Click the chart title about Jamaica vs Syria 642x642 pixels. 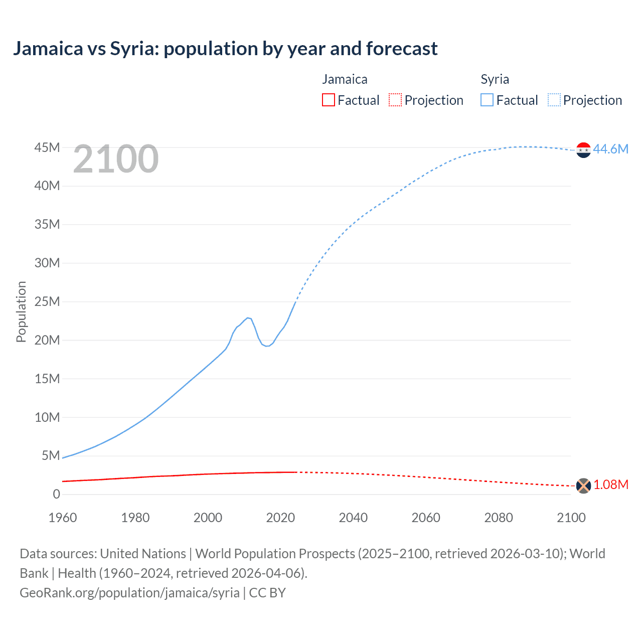coord(225,49)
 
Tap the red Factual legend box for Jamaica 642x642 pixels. coord(328,100)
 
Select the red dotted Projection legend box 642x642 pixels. coord(395,100)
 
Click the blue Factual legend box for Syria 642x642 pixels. coord(487,100)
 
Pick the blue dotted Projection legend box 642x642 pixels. coord(554,100)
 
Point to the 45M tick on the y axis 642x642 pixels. coord(47,147)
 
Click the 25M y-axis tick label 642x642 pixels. coord(47,301)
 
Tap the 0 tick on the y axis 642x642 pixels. coord(56,494)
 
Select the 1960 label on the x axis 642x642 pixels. coord(63,518)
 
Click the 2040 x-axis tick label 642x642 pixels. coord(353,518)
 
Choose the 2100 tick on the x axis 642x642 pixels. coord(571,518)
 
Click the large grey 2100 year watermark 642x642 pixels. coord(116,159)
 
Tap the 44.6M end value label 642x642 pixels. coord(610,149)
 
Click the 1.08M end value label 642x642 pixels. coord(610,485)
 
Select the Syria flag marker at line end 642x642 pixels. coord(583,150)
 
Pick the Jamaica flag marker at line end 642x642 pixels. coord(583,486)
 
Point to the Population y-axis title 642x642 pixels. coord(21,311)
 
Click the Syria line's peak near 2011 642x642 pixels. coord(248,317)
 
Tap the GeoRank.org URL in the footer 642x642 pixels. coord(129,592)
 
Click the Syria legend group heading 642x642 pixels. coord(495,79)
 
